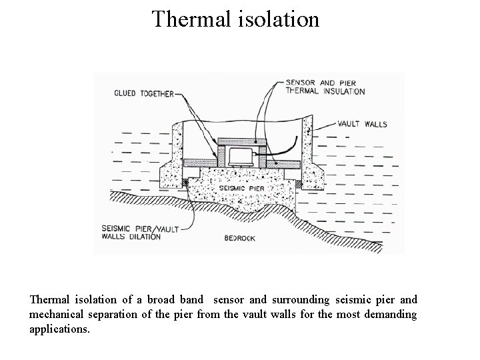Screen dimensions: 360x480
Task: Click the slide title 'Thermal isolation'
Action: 235,19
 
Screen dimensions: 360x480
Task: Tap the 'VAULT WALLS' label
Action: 362,124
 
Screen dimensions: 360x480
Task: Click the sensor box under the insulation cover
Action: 239,157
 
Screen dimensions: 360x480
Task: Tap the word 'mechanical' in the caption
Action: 58,314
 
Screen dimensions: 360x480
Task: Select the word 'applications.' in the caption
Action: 59,328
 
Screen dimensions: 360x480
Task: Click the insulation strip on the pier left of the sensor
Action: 200,162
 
